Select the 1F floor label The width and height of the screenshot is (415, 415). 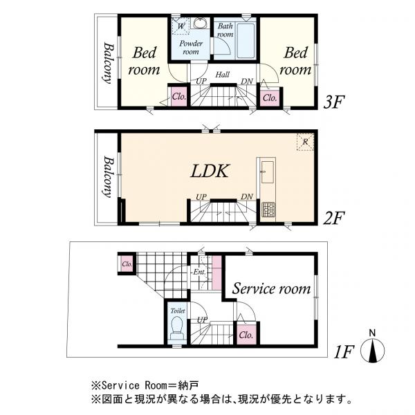tap(343, 352)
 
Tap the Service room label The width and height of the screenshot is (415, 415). tap(270, 288)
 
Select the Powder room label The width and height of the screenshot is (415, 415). tap(190, 47)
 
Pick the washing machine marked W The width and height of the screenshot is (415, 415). tap(180, 26)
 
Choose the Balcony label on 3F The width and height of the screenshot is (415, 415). tap(109, 63)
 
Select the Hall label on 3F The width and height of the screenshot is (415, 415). tap(223, 74)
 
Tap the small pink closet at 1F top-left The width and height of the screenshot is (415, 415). tap(127, 264)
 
